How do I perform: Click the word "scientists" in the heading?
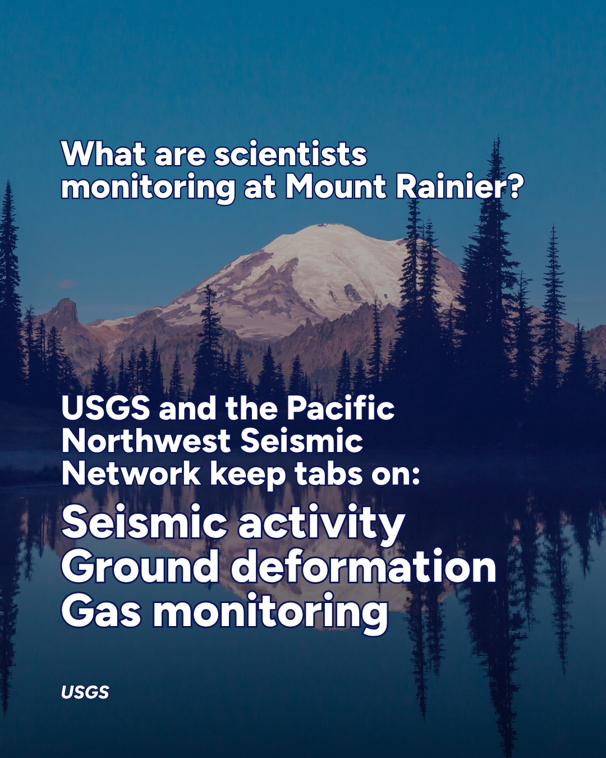point(291,154)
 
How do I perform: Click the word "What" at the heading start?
point(103,154)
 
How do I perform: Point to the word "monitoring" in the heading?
point(148,189)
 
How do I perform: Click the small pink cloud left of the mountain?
point(66,284)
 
